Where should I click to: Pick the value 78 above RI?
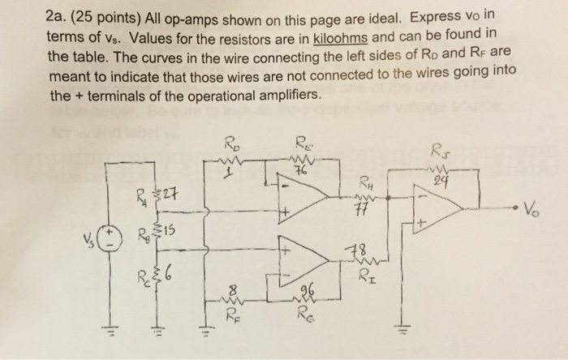click(354, 249)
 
